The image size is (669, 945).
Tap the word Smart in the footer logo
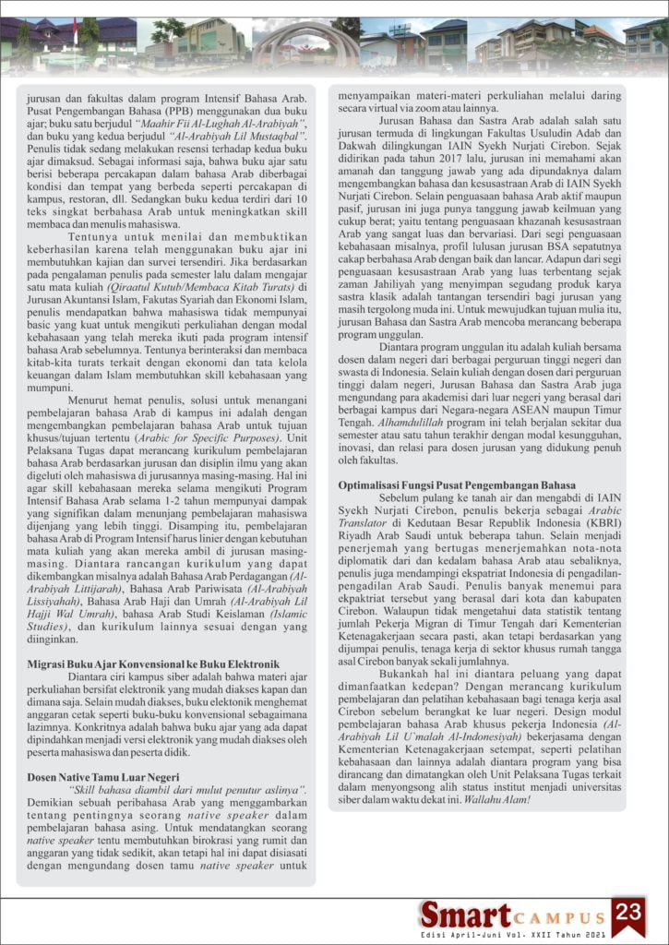[x=465, y=915]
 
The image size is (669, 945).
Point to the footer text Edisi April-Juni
[x=480, y=935]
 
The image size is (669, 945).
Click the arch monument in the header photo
[x=293, y=42]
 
